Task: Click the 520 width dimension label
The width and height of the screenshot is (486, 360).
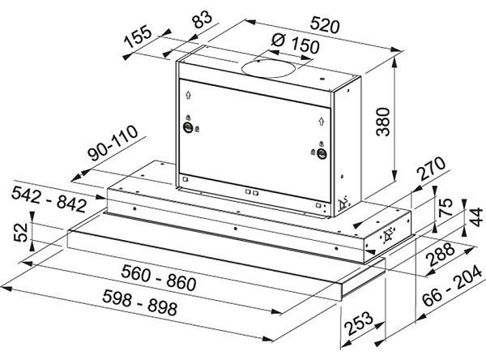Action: (325, 25)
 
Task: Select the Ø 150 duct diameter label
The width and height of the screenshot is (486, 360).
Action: (295, 43)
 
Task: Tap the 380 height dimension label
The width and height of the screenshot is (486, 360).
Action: (383, 122)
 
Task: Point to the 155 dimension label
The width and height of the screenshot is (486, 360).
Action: (139, 37)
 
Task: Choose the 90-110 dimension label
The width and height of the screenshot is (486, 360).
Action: (113, 143)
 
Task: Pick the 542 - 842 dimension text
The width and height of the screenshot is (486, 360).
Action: (49, 199)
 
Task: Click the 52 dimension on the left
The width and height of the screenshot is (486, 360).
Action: (21, 232)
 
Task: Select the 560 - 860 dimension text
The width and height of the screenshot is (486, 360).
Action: (159, 277)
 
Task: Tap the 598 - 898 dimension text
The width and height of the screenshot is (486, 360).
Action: (140, 302)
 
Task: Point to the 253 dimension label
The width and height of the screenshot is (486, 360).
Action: (358, 323)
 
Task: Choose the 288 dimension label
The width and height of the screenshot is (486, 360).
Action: (441, 254)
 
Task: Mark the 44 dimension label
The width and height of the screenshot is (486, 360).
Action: (475, 217)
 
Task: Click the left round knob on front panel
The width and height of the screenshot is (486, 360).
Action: (188, 127)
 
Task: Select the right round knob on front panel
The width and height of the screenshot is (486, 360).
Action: (322, 153)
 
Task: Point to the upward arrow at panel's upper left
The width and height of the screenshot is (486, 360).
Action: (188, 95)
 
